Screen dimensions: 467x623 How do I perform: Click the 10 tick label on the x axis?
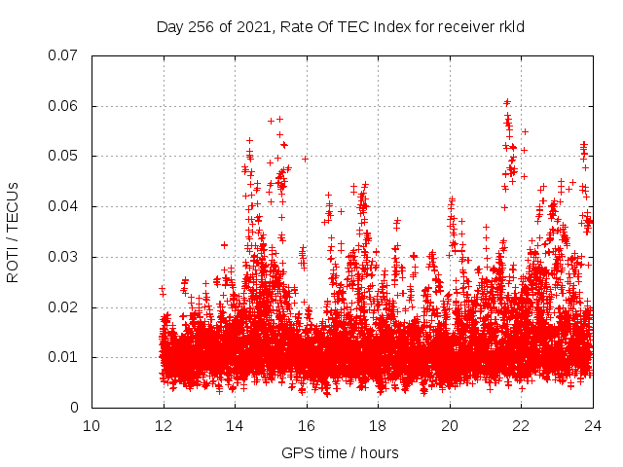[x=92, y=425]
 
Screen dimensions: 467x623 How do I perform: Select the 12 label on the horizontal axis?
[x=164, y=425]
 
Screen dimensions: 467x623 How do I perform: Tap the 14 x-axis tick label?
[x=235, y=425]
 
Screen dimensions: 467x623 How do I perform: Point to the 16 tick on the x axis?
[x=307, y=425]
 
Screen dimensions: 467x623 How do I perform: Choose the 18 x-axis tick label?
[x=378, y=425]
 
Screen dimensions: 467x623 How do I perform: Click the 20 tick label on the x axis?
[x=450, y=425]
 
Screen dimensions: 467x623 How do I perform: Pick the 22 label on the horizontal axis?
[x=521, y=425]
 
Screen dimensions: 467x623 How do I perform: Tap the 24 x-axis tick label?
[x=592, y=425]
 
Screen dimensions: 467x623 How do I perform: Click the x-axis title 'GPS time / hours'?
[x=340, y=452]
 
